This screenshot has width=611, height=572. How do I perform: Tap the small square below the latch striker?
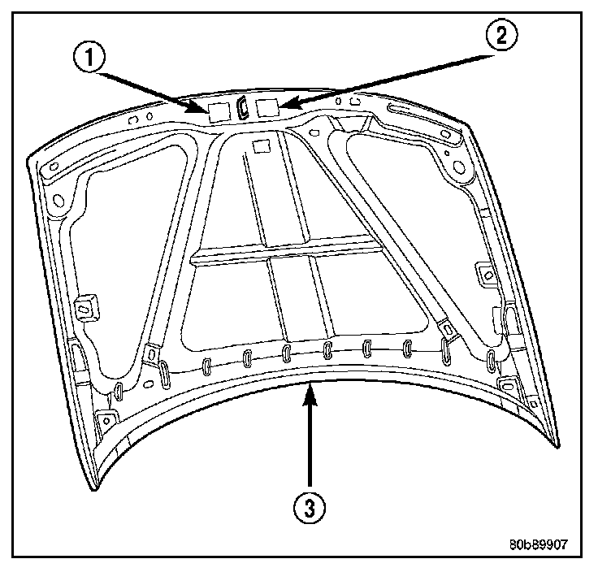click(x=261, y=146)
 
